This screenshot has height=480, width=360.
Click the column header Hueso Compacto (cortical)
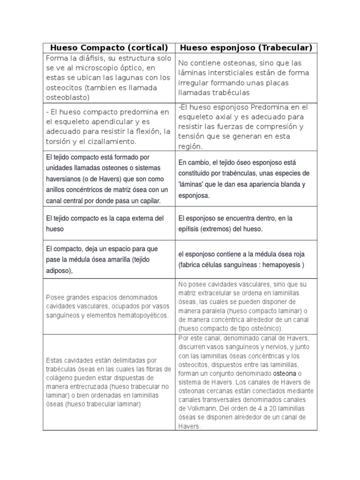click(109, 48)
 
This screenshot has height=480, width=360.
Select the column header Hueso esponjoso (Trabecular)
click(246, 48)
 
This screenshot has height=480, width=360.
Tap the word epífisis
click(191, 229)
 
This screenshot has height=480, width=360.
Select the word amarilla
click(115, 259)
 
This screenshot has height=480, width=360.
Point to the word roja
click(297, 254)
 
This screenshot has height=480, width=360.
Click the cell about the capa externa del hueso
click(109, 224)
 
